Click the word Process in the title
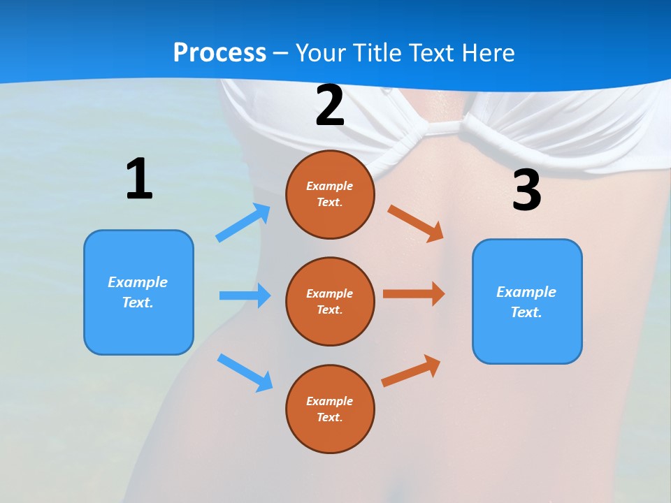(x=219, y=52)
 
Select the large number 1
(x=139, y=180)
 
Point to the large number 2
(x=330, y=106)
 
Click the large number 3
(x=526, y=191)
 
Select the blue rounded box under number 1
(x=138, y=292)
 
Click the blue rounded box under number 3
(x=527, y=301)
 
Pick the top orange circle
(x=330, y=194)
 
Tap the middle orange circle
(x=330, y=301)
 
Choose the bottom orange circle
(x=330, y=409)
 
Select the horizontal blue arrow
(x=245, y=296)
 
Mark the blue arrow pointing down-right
(x=245, y=372)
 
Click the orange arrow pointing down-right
(x=416, y=223)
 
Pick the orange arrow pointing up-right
(x=411, y=371)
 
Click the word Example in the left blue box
(x=138, y=282)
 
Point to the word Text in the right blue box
(x=526, y=312)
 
